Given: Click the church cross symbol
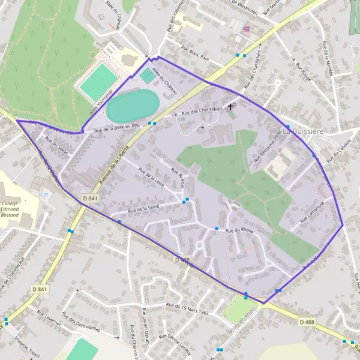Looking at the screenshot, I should (230, 107).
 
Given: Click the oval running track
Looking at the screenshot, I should (132, 106).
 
